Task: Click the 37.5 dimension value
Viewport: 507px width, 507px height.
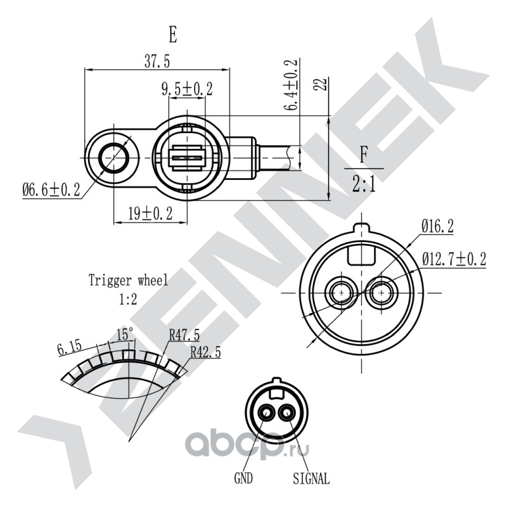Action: [x=157, y=61]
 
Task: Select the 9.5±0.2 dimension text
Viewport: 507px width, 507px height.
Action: [x=187, y=89]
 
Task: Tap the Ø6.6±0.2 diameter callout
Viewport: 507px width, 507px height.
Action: [x=51, y=189]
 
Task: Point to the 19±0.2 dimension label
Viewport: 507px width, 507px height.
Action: [x=150, y=214]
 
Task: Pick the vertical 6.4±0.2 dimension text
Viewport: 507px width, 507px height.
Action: [x=290, y=85]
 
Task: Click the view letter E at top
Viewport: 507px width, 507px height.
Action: [x=173, y=35]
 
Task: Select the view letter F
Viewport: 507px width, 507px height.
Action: [x=364, y=155]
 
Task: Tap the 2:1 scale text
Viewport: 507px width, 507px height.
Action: [x=364, y=184]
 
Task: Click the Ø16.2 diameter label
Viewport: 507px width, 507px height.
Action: [x=437, y=226]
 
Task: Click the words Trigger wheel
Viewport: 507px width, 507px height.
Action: [x=129, y=280]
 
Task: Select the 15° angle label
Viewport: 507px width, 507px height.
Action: [x=124, y=334]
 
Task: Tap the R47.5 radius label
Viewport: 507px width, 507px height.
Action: [x=184, y=335]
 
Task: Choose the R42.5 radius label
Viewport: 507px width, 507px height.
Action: [x=205, y=352]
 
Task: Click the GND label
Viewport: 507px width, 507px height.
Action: [x=243, y=478]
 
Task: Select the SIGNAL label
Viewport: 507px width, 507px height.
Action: [x=311, y=478]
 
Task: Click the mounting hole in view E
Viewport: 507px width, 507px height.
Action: [x=113, y=158]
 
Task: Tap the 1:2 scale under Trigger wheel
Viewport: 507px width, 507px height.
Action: [x=128, y=299]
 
